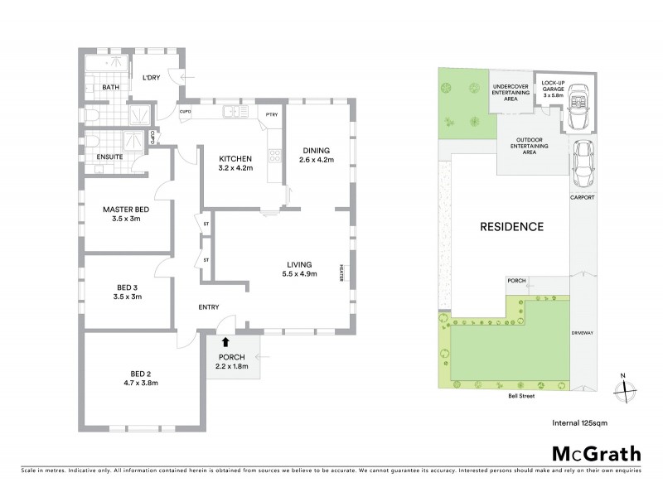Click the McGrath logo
(596, 453)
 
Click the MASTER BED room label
(125, 210)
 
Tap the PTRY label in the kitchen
(270, 115)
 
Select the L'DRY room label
(152, 80)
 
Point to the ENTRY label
(208, 307)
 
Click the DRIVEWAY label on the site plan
(583, 333)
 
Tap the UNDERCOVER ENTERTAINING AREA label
(511, 92)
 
